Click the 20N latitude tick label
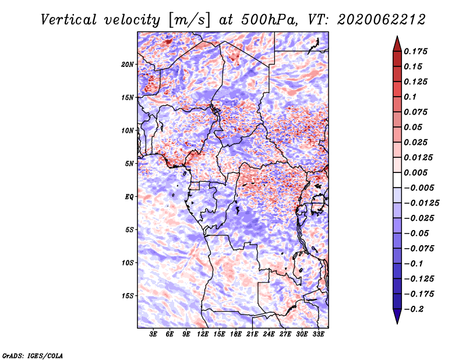(128, 65)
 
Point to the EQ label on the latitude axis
(129, 197)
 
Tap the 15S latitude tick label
(128, 296)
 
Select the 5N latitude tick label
(129, 164)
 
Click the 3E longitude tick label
(153, 334)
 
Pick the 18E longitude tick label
(236, 334)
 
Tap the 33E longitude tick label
(318, 334)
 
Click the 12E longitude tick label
(203, 334)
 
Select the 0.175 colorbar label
(415, 51)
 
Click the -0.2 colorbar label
(414, 309)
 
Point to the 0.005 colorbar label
(415, 172)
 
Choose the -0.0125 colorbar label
(421, 203)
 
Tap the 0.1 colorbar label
(410, 97)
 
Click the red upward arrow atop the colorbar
(397, 44)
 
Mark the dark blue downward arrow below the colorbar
(397, 316)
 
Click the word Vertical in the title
(68, 20)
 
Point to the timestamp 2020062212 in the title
(382, 20)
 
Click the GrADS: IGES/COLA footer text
(33, 355)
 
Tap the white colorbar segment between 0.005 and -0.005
(397, 180)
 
